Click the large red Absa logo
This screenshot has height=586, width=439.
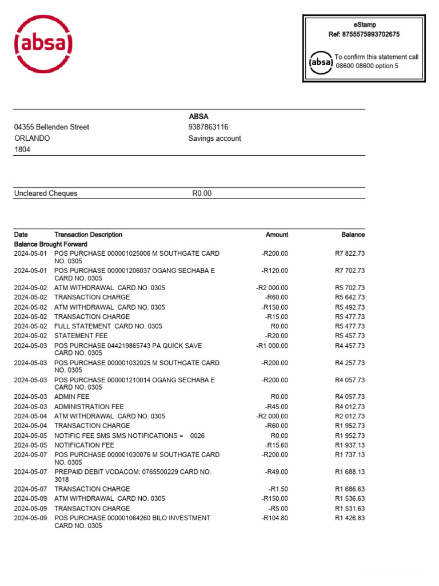tap(43, 44)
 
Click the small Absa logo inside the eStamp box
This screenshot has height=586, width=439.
tap(321, 62)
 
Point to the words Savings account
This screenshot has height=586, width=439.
tap(214, 138)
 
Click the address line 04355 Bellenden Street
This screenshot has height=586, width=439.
tap(51, 127)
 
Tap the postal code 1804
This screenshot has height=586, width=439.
tap(22, 149)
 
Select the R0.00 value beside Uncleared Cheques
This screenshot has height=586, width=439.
tap(201, 193)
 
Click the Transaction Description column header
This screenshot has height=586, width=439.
tap(88, 235)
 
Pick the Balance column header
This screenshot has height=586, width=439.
tap(353, 235)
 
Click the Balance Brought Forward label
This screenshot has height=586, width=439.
tap(50, 244)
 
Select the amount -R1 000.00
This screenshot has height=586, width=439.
tap(272, 346)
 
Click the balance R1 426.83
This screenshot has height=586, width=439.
tap(349, 518)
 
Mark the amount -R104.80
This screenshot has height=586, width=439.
tap(274, 518)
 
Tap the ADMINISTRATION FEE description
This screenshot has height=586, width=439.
tap(89, 407)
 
